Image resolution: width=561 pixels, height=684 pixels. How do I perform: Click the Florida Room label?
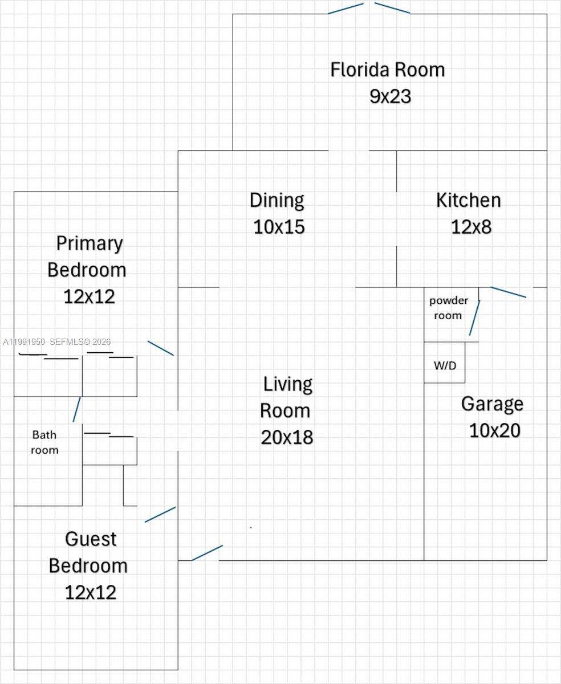[387, 70]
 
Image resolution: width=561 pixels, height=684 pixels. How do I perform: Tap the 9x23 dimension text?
[390, 96]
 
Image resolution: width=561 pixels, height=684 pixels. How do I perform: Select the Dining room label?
[277, 200]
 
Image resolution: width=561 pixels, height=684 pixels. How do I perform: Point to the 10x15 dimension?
[279, 226]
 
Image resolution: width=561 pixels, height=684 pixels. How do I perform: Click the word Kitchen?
[468, 200]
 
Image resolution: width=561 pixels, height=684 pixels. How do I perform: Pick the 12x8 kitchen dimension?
[471, 226]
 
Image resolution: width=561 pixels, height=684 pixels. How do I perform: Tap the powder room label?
[448, 308]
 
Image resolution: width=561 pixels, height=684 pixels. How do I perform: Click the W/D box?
[445, 365]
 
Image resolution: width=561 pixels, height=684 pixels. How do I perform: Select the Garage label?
[492, 404]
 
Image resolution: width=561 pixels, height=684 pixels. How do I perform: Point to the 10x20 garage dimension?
[494, 430]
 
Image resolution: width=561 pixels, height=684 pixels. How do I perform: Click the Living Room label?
[286, 397]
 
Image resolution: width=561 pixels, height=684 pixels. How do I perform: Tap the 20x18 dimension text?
[287, 437]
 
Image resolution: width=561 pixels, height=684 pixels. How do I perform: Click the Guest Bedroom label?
[89, 552]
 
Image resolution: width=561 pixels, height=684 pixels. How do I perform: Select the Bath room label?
[44, 442]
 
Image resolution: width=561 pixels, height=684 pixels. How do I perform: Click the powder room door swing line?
[474, 318]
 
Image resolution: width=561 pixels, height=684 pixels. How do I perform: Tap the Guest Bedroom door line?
[160, 514]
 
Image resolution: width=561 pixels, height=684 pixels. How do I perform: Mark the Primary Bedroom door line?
[160, 348]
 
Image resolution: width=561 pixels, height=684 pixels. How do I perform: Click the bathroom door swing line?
[76, 409]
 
